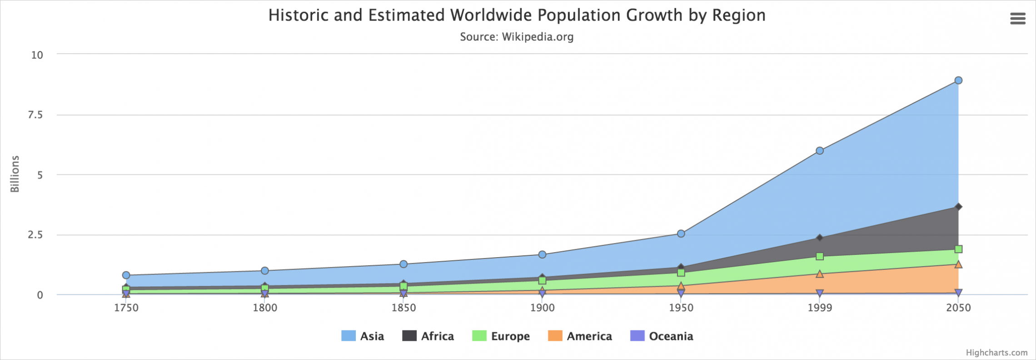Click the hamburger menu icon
[1018, 18]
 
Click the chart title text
[517, 15]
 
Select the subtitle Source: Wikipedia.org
[517, 37]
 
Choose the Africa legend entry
[428, 336]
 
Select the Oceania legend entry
[662, 336]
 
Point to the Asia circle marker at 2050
[958, 81]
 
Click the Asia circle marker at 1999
[820, 151]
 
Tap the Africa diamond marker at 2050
[958, 207]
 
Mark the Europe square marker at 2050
[958, 249]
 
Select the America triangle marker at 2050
[958, 264]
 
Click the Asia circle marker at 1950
[681, 233]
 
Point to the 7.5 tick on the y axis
[35, 115]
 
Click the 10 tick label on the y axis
[37, 55]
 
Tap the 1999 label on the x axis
[820, 308]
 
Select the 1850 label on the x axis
[403, 308]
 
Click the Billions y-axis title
[15, 174]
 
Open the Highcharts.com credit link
[996, 353]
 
